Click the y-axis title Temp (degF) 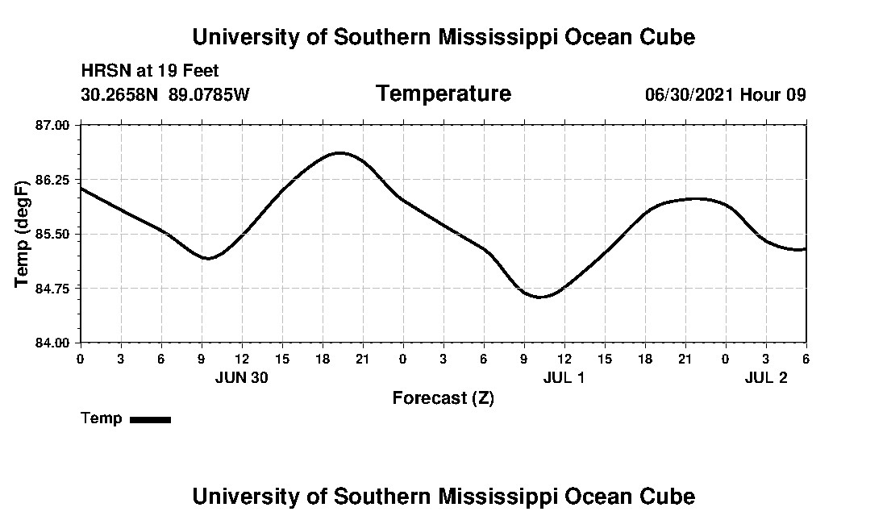[x=23, y=234]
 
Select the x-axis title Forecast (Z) [x=443, y=398]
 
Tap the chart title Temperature [x=443, y=94]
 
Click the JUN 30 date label [x=242, y=377]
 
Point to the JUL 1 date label [x=564, y=377]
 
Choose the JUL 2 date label [x=765, y=377]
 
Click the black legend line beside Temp [x=150, y=419]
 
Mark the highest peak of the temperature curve [x=339, y=152]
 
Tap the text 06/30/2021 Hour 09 [x=725, y=94]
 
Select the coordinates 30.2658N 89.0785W [x=165, y=94]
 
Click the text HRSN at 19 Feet [x=150, y=71]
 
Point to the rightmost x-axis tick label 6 [x=806, y=358]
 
